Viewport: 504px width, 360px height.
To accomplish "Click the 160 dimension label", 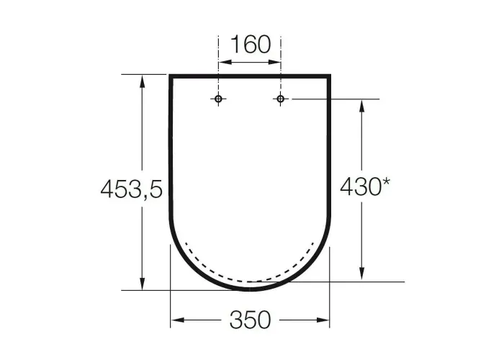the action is click(x=251, y=45).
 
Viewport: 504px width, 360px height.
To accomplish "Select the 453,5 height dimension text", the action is click(x=132, y=189).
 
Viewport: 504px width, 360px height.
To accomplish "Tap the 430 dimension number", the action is click(x=361, y=186).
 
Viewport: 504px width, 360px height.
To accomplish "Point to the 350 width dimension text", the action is click(x=251, y=320).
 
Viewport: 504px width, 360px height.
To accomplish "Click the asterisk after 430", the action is click(x=386, y=182).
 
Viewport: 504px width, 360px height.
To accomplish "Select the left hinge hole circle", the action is click(x=219, y=99).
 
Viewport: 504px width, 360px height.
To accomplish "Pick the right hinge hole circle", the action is click(x=281, y=99).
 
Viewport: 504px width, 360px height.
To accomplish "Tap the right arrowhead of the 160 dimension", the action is click(x=275, y=62).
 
